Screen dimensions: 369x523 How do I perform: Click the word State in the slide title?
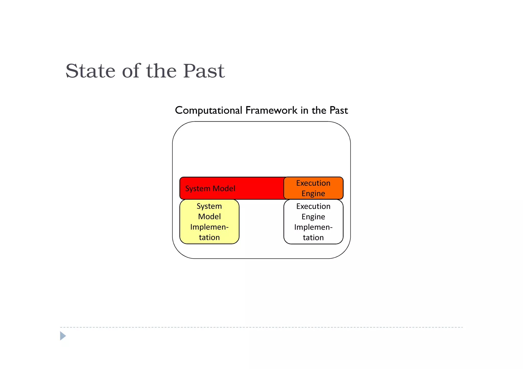click(90, 71)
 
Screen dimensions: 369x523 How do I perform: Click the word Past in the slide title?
click(204, 71)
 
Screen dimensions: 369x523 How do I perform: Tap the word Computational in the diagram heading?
click(208, 110)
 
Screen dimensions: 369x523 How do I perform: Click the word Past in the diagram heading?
click(339, 110)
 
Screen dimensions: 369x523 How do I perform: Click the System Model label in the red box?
click(210, 189)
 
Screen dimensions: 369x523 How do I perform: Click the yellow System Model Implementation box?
click(209, 222)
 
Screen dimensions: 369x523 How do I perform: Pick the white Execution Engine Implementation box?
click(313, 222)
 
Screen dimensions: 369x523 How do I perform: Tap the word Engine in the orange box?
click(313, 194)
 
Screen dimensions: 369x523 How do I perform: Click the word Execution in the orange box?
click(313, 183)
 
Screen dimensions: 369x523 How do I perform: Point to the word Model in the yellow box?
click(209, 217)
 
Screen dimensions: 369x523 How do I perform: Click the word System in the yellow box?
click(209, 206)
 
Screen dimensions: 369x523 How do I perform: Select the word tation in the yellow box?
click(209, 237)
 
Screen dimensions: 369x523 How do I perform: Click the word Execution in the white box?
click(313, 206)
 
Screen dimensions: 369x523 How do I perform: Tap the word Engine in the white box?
click(313, 217)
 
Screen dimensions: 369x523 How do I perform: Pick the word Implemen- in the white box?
click(313, 227)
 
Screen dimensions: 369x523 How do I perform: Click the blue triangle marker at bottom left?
click(63, 336)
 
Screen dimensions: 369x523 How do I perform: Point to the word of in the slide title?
click(131, 71)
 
